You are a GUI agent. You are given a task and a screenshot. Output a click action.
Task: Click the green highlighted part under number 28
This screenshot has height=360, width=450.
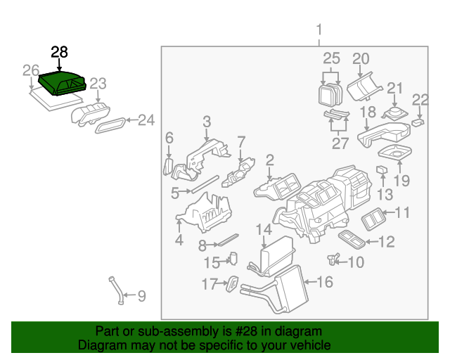62,83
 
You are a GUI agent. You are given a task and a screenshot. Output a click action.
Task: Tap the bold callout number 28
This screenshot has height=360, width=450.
59,52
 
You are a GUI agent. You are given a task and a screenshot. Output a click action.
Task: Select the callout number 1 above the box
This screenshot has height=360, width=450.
319,30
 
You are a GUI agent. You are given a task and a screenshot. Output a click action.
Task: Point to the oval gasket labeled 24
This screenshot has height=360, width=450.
110,125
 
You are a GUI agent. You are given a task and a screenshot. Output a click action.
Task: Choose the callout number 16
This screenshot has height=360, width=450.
325,282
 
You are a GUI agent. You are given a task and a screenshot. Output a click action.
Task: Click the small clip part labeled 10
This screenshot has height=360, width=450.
333,259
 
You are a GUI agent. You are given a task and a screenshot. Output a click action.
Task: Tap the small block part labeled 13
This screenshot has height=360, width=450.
382,169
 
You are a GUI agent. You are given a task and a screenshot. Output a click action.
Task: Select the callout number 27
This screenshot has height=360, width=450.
340,143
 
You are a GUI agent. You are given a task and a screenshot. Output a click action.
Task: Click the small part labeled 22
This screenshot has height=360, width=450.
418,122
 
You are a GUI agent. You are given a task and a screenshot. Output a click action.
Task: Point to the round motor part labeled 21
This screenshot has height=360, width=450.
395,112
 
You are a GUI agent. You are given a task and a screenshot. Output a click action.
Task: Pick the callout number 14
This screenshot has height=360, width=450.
264,230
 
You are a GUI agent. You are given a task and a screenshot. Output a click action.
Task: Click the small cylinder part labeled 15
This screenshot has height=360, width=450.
234,258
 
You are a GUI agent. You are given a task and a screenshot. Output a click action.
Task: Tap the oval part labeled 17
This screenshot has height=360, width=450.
232,283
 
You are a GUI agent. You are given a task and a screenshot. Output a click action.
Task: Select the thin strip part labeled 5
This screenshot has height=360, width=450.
205,184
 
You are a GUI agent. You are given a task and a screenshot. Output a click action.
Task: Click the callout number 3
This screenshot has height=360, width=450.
207,122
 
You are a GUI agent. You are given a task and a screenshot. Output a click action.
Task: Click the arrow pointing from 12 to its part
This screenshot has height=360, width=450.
372,242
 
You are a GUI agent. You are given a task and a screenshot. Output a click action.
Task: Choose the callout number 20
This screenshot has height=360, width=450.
361,58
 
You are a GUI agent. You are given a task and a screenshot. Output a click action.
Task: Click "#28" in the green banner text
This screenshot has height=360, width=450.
246,331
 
